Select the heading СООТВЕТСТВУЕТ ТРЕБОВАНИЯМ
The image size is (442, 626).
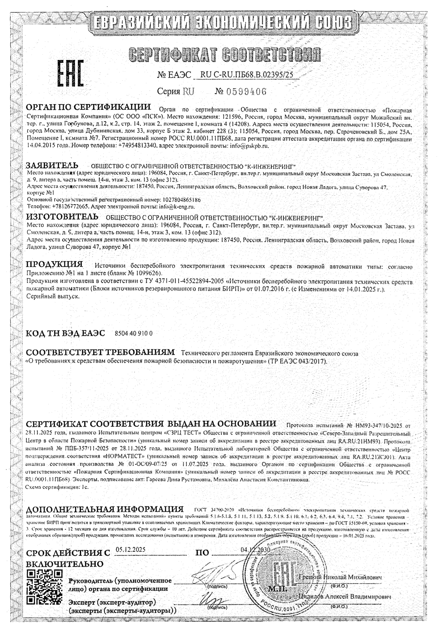pos(100,352)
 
